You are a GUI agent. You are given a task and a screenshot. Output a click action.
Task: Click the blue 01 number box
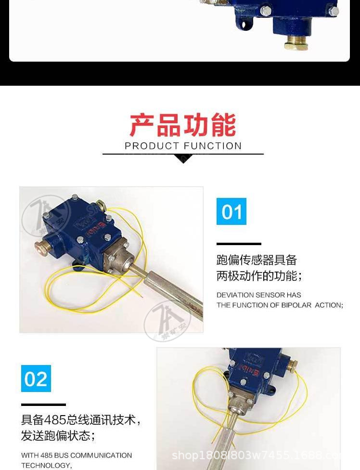(x=231, y=211)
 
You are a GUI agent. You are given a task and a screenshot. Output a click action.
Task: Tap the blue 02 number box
(x=36, y=379)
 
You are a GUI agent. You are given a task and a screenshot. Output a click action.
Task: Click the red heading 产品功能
(x=183, y=125)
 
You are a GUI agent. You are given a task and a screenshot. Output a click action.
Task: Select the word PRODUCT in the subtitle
(x=152, y=146)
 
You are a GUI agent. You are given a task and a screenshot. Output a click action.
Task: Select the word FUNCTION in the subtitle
(x=213, y=146)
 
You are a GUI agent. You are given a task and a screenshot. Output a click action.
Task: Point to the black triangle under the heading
(x=183, y=159)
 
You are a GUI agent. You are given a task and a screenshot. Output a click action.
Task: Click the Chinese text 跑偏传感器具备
(x=257, y=260)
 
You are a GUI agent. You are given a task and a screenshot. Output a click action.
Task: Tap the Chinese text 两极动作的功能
(x=259, y=276)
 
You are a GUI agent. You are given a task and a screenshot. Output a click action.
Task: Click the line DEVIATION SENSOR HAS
(x=259, y=295)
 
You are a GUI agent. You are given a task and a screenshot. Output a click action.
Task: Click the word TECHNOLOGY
(x=46, y=465)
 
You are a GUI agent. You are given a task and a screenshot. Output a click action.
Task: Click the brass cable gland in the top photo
(x=296, y=42)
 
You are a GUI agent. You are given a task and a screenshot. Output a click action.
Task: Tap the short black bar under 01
(x=239, y=244)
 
